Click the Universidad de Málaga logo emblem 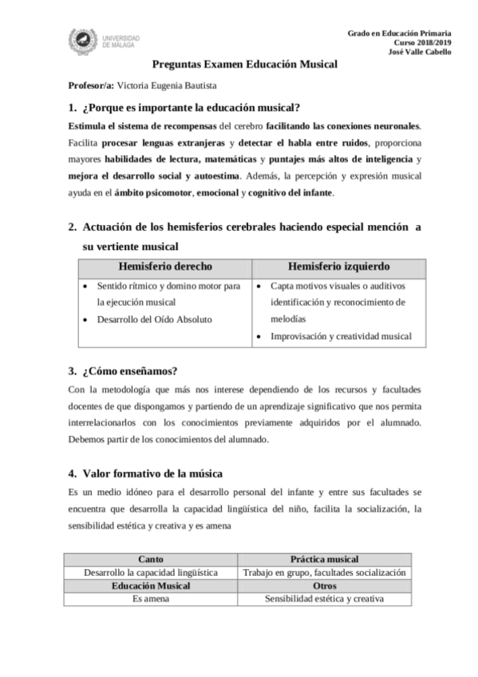(83, 42)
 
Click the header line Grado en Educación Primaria (399, 32)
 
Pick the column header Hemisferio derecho (165, 266)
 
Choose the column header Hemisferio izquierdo (338, 266)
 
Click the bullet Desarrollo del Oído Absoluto (155, 319)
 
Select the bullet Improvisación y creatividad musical (341, 336)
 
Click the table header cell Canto (151, 560)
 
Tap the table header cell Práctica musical (324, 560)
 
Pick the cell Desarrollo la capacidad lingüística (151, 572)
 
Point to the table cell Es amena (151, 598)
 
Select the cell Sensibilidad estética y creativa (324, 598)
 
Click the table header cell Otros (324, 585)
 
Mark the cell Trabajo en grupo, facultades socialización (324, 572)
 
